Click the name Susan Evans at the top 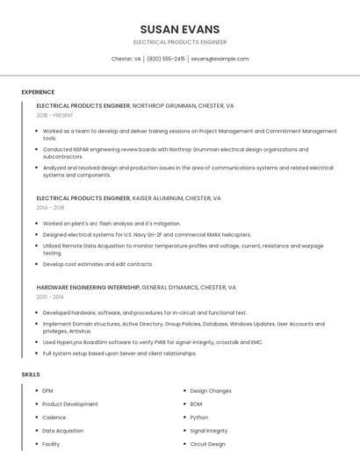(180, 29)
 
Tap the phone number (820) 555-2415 (166, 59)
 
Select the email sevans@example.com (220, 59)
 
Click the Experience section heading (38, 92)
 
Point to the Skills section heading (31, 375)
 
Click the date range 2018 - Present (54, 115)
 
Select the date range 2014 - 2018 (50, 208)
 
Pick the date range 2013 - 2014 (50, 297)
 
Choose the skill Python (199, 418)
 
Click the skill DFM (47, 390)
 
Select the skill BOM (196, 404)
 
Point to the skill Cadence (54, 418)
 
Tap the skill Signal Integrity (209, 431)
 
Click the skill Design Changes (211, 390)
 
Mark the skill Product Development (70, 404)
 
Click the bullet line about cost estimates (97, 264)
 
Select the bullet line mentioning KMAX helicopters (134, 235)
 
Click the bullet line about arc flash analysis (112, 224)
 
